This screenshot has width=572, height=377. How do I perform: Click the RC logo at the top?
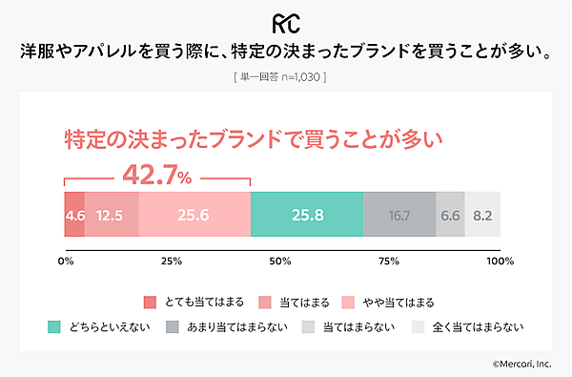pos(285,22)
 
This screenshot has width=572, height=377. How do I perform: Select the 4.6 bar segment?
pos(74,216)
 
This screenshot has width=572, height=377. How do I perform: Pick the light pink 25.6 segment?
pos(194,216)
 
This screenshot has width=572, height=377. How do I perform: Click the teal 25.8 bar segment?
pos(306,216)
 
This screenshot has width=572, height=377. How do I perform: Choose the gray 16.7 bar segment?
pos(398,216)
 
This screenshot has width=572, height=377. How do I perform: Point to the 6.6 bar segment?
pos(450,216)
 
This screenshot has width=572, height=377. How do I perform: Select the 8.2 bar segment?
pos(482,216)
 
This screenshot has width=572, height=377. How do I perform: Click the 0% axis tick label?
pos(66,261)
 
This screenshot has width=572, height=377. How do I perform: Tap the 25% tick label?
pos(173,261)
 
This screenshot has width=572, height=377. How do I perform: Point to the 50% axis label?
pos(281,261)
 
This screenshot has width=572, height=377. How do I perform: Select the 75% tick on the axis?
pos(389,261)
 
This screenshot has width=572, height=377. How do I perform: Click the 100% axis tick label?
pos(498,261)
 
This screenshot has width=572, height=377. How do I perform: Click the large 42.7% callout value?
pos(158,175)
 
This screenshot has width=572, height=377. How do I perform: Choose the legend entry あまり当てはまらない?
pos(224,327)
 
